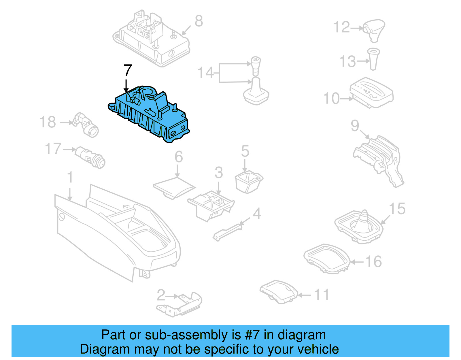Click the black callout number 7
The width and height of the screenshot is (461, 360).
(128, 71)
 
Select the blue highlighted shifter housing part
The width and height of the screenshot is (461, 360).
(150, 115)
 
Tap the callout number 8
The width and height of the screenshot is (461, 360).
(199, 21)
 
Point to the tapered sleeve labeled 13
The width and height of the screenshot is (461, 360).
(373, 59)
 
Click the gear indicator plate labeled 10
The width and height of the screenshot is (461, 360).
(372, 92)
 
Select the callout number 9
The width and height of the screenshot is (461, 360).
(355, 126)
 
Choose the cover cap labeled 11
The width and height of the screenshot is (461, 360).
(279, 291)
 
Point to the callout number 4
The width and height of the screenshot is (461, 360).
(257, 214)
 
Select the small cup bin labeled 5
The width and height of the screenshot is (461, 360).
(248, 182)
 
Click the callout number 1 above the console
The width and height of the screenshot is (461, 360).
(70, 177)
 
